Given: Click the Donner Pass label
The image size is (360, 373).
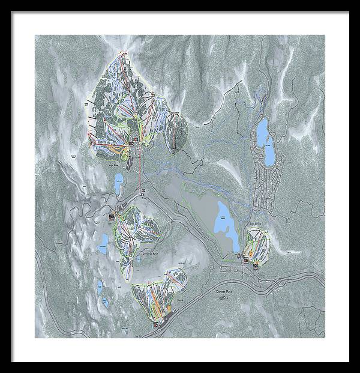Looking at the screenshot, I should pyautogui.click(x=224, y=290).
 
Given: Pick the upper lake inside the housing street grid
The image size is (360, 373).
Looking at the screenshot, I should pyautogui.click(x=263, y=129).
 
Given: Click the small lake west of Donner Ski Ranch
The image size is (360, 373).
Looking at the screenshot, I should pyautogui.click(x=105, y=241).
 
